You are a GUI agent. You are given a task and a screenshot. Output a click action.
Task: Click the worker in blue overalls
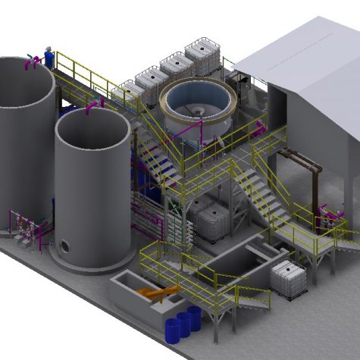[49, 58]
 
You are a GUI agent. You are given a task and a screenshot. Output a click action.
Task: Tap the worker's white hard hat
[49, 49]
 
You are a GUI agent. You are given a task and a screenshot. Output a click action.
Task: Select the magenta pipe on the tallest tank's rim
[31, 60]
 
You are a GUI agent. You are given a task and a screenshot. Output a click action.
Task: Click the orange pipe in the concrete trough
[160, 293]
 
